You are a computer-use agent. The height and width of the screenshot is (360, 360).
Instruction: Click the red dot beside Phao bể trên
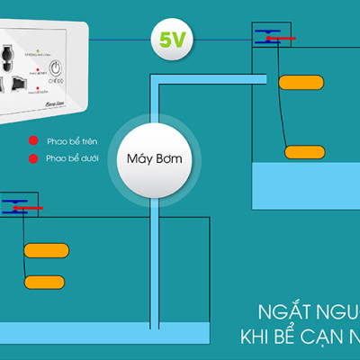click(x=33, y=141)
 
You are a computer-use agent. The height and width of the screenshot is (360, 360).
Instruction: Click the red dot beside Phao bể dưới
click(x=33, y=158)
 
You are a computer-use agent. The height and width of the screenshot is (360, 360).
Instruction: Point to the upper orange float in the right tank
click(x=301, y=83)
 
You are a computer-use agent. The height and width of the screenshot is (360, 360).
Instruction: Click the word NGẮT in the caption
click(x=276, y=316)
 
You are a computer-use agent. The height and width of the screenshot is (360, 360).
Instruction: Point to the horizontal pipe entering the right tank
click(x=211, y=79)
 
